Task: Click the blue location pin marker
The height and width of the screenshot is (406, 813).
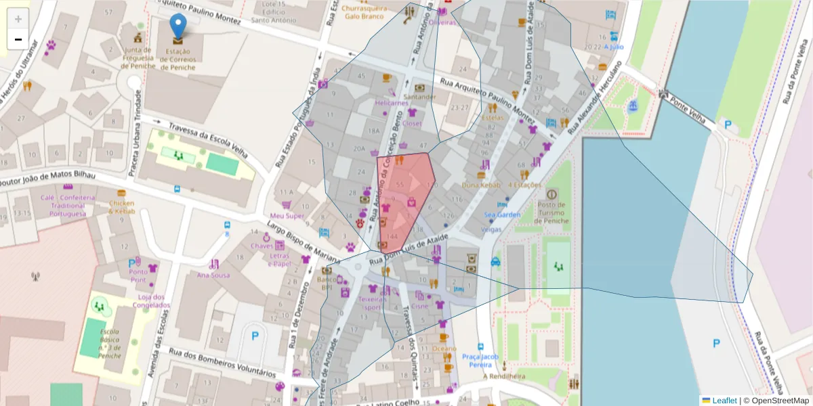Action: click(178, 26)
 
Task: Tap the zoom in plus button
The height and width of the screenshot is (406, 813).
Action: click(18, 19)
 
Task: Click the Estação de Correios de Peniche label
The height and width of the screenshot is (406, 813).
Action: click(178, 59)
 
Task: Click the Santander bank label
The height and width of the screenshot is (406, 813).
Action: click(420, 97)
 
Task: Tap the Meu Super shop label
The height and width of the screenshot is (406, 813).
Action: click(287, 216)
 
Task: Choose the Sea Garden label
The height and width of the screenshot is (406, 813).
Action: click(502, 215)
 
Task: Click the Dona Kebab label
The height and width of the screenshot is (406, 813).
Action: click(480, 185)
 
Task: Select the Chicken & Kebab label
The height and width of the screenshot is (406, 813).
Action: click(121, 207)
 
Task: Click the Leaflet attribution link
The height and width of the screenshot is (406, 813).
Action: click(724, 401)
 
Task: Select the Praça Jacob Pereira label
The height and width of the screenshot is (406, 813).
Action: click(480, 361)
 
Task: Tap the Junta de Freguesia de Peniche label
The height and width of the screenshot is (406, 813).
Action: click(138, 58)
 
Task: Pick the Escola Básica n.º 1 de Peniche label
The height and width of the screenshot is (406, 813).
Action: click(110, 343)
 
